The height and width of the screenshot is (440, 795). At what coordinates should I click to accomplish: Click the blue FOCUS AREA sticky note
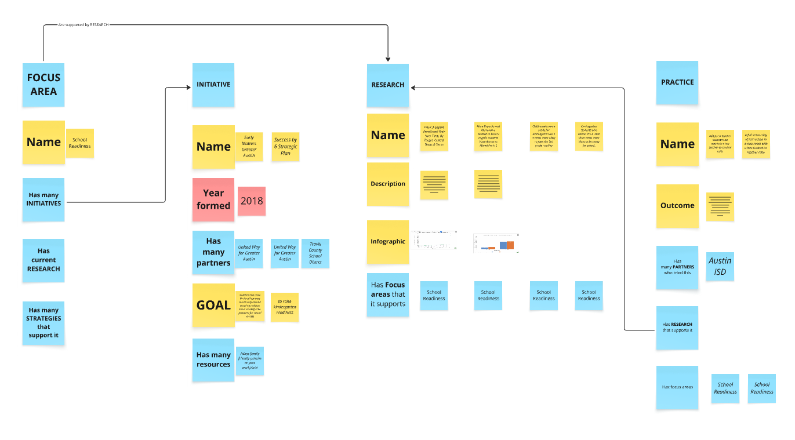pyautogui.click(x=43, y=85)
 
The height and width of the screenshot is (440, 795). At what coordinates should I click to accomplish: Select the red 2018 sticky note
pyautogui.click(x=252, y=201)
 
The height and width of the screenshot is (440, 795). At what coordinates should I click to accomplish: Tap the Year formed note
pyautogui.click(x=213, y=199)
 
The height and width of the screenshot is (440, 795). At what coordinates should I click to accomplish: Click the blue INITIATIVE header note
pyautogui.click(x=213, y=85)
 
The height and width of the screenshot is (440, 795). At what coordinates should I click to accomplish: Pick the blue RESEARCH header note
pyautogui.click(x=388, y=85)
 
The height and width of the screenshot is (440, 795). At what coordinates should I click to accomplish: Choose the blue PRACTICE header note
pyautogui.click(x=677, y=82)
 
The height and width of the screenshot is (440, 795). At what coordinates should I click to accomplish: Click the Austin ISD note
pyautogui.click(x=720, y=266)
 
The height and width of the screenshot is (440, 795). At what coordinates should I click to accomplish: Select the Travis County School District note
pyautogui.click(x=315, y=253)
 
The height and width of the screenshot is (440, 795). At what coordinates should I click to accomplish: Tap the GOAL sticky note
pyautogui.click(x=213, y=305)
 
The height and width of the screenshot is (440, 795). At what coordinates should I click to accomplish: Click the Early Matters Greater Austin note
pyautogui.click(x=249, y=147)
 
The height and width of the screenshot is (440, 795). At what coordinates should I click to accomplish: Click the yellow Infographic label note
pyautogui.click(x=388, y=241)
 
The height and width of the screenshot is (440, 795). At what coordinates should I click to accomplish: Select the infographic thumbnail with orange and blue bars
pyautogui.click(x=496, y=243)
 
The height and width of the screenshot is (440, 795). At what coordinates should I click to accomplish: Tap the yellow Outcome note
pyautogui.click(x=677, y=206)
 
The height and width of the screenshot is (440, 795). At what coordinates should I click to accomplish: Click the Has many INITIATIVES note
pyautogui.click(x=43, y=199)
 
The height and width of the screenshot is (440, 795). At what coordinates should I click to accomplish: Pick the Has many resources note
pyautogui.click(x=213, y=359)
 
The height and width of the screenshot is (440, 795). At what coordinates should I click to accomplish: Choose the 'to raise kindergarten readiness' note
pyautogui.click(x=285, y=307)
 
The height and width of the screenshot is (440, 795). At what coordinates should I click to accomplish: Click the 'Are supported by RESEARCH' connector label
pyautogui.click(x=84, y=25)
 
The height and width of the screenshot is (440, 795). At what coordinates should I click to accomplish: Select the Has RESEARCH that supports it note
pyautogui.click(x=677, y=328)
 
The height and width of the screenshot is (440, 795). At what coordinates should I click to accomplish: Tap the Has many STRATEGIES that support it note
pyautogui.click(x=43, y=323)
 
